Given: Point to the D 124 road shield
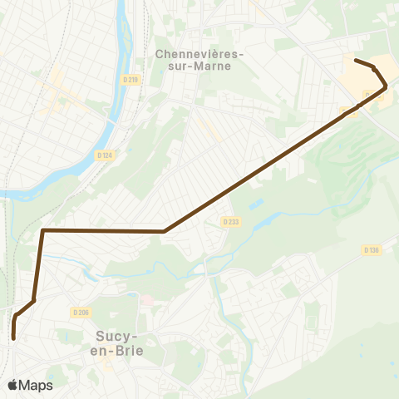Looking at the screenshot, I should [x=104, y=155].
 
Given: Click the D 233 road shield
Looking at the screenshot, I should [x=230, y=221].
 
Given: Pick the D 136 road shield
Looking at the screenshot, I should [x=371, y=249].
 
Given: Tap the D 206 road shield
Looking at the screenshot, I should [x=81, y=313].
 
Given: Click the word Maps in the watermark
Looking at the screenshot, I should [x=36, y=385].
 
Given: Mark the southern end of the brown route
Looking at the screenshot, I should [x=14, y=337].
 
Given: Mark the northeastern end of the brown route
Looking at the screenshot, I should [x=356, y=60].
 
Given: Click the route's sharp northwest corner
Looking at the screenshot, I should [x=43, y=230].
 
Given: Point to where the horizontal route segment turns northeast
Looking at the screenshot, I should [x=165, y=231].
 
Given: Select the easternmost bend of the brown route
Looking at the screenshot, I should [x=386, y=86].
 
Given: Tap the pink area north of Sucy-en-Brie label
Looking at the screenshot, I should [x=146, y=299].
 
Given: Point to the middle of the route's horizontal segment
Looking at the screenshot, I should [x=104, y=230].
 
